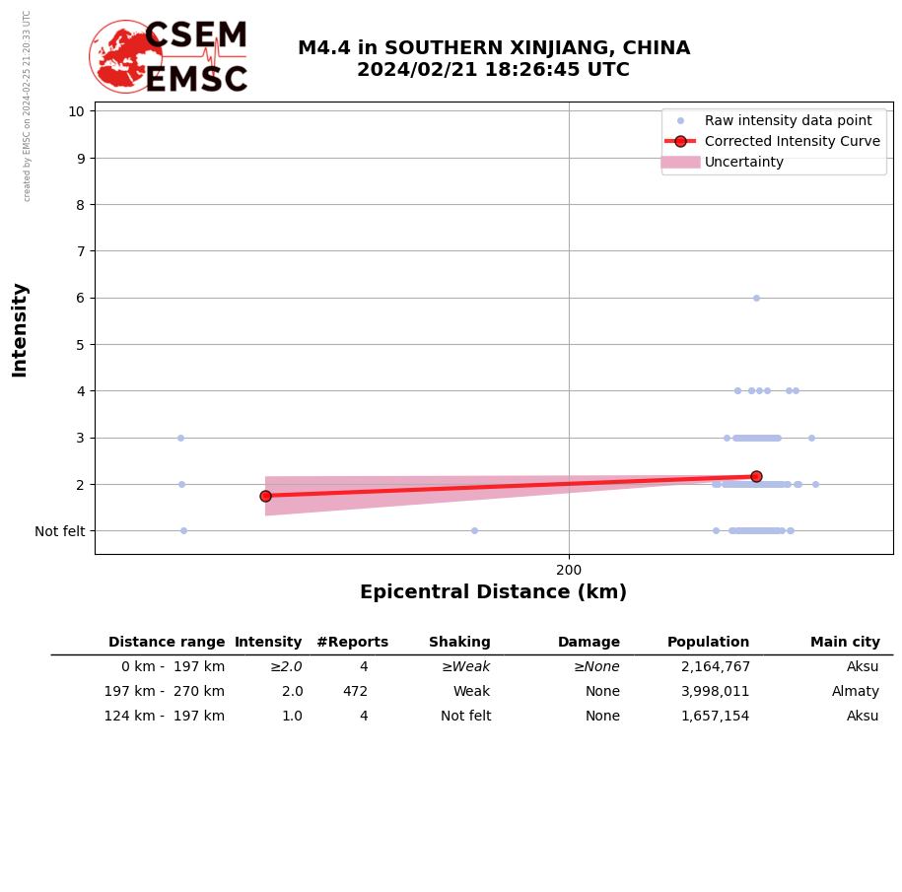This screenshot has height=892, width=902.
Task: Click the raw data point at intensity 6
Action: click(756, 298)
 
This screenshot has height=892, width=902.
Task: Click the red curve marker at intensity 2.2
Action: click(756, 476)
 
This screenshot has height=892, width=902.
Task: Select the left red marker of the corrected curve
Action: click(265, 496)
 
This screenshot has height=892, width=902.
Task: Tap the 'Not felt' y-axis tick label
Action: click(60, 531)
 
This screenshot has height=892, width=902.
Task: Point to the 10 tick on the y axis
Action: click(76, 110)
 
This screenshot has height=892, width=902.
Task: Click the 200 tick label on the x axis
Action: click(569, 570)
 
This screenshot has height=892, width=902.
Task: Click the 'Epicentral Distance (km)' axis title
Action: click(493, 592)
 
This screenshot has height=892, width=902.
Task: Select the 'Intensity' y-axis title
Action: click(20, 329)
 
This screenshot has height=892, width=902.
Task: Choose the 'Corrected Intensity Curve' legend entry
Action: click(792, 141)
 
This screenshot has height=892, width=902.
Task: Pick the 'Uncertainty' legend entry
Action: click(743, 162)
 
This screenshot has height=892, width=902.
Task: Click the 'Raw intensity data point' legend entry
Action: click(788, 120)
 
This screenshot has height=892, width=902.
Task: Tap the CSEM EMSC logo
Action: click(169, 57)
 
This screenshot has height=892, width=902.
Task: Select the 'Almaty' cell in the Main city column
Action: click(856, 692)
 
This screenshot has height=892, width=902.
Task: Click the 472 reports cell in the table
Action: click(355, 692)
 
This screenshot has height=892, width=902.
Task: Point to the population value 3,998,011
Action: click(715, 692)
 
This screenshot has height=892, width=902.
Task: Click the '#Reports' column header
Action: click(352, 643)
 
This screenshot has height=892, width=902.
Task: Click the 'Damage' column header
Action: click(589, 643)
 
